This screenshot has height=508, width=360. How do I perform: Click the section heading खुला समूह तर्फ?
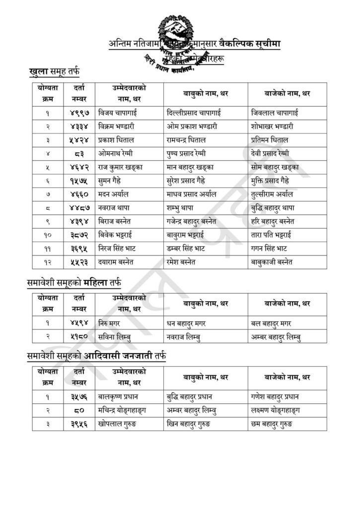coord(55,72)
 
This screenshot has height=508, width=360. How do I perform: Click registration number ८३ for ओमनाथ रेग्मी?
coord(79,153)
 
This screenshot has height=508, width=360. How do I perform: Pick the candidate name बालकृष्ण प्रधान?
coord(122,396)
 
